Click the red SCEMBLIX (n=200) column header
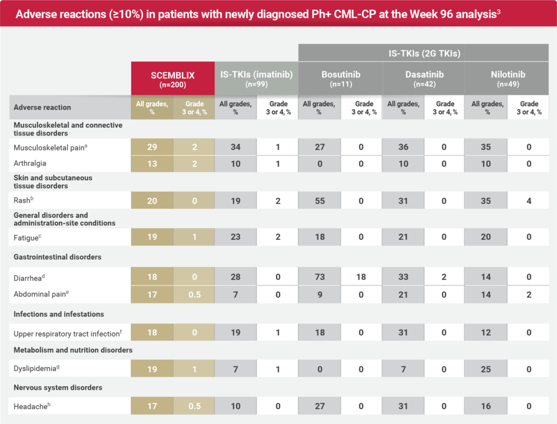click(172, 79)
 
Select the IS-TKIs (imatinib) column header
click(256, 79)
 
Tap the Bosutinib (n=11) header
click(339, 79)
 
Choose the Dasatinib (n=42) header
click(423, 79)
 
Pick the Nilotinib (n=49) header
click(507, 79)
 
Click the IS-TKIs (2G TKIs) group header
click(424, 53)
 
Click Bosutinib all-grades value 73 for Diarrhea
click(320, 277)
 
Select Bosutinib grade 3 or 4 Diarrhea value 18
click(361, 277)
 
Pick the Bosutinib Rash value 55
click(320, 201)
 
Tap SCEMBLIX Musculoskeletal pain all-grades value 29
click(152, 147)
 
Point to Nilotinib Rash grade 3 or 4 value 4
click(529, 201)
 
